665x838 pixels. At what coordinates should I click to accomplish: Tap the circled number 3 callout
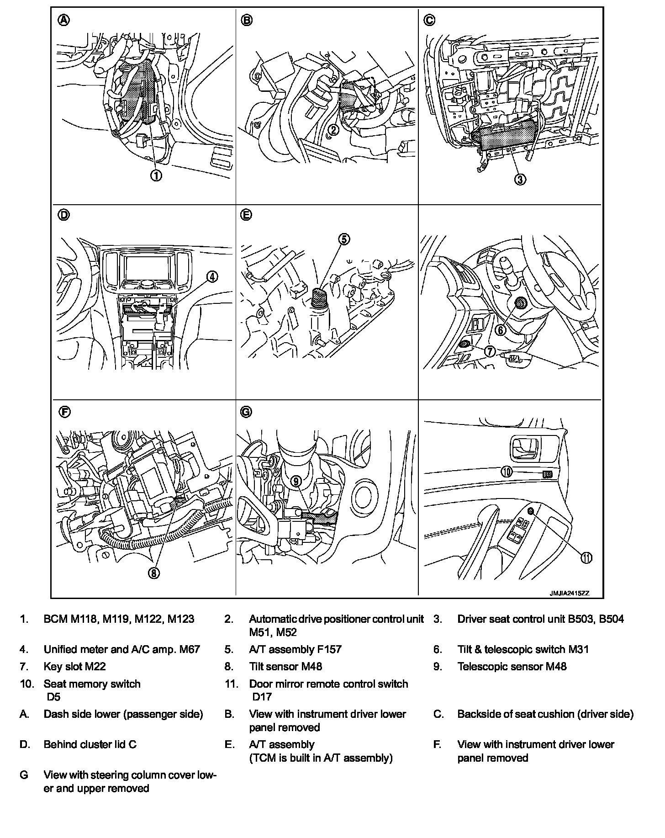520,180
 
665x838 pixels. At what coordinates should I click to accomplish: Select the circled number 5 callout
344,239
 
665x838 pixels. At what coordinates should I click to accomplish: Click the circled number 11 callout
586,557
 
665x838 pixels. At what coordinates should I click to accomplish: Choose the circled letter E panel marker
246,215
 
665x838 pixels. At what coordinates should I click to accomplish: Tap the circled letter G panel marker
246,412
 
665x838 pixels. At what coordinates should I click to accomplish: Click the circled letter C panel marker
429,20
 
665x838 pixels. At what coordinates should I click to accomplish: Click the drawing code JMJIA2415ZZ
570,593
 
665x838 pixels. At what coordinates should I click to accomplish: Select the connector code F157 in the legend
329,649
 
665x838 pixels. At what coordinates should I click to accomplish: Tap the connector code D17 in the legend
262,697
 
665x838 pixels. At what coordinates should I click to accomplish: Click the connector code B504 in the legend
611,619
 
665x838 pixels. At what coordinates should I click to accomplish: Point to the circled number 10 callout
507,472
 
